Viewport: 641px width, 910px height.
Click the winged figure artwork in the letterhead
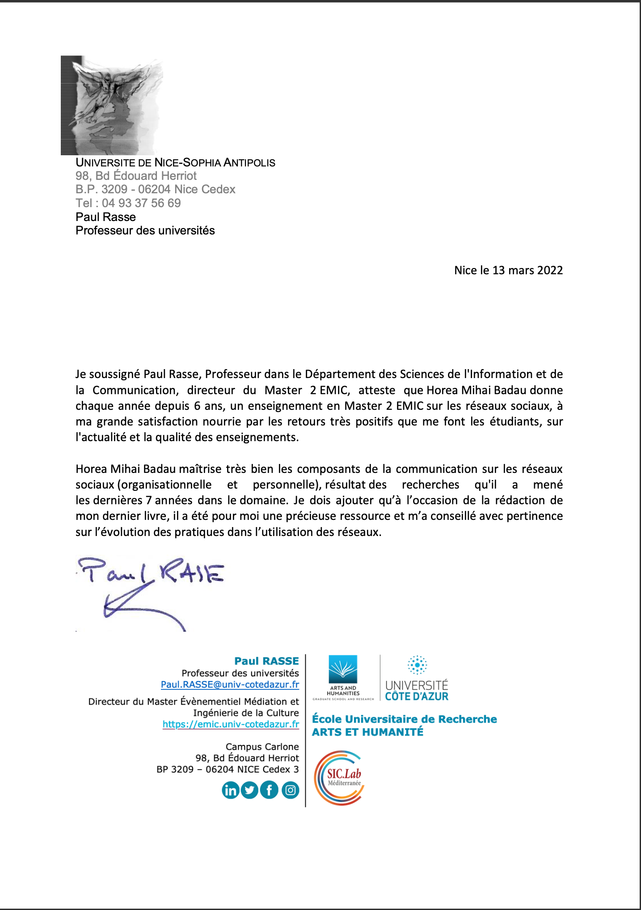coord(112,105)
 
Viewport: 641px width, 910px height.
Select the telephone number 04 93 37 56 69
coord(141,203)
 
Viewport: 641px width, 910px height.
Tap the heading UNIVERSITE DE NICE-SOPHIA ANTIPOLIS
coord(175,162)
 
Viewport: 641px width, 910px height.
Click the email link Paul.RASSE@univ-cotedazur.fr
coord(230,685)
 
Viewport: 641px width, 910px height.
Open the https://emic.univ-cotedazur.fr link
coord(231,724)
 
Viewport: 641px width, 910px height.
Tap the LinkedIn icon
coord(231,791)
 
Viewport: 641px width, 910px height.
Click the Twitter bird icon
coord(250,791)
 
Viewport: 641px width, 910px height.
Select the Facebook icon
coord(269,791)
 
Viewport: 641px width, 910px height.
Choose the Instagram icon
coord(291,791)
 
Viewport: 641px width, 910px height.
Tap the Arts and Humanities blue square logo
coord(343,669)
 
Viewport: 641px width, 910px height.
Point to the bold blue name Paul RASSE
coord(266,661)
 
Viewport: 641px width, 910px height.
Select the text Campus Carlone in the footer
coord(262,747)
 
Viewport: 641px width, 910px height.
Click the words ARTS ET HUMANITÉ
coord(367,732)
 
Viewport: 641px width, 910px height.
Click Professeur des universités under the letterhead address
coord(145,230)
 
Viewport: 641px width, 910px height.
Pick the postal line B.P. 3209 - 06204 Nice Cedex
coord(155,189)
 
